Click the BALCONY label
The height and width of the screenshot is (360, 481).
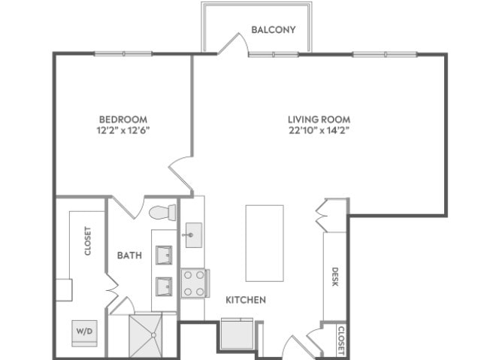[274, 30]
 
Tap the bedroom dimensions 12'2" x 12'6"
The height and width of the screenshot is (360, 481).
[123, 130]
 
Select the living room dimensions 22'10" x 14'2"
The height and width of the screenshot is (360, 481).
[319, 130]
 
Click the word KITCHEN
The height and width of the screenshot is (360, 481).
[246, 300]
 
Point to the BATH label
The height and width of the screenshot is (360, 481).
[129, 255]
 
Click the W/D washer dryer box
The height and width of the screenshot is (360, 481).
[84, 334]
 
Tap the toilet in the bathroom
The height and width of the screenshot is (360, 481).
[162, 212]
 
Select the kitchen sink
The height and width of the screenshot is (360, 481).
[194, 235]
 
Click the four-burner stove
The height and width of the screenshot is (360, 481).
[195, 283]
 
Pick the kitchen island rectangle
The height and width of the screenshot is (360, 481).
[265, 244]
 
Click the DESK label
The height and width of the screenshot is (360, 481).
[335, 277]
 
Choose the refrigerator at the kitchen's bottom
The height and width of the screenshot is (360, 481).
[237, 334]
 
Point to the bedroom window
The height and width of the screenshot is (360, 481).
[123, 53]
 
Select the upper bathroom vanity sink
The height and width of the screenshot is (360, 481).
[164, 255]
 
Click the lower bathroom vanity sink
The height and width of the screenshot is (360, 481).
[164, 286]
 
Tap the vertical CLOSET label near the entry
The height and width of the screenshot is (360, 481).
[341, 340]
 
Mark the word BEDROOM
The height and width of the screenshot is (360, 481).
[123, 119]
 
